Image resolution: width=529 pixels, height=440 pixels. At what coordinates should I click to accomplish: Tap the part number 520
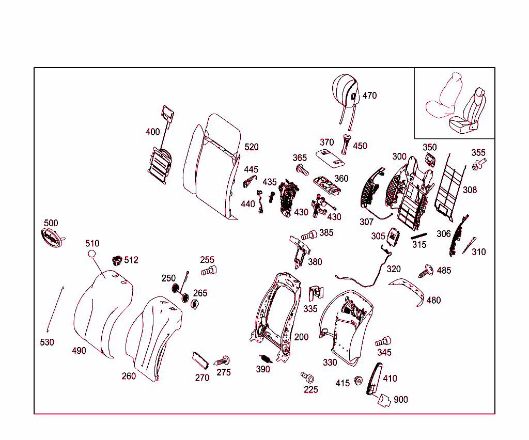pos(252,147)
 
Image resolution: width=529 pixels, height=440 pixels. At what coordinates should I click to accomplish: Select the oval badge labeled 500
pos(51,238)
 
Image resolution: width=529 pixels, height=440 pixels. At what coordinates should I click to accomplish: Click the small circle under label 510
pos(92,254)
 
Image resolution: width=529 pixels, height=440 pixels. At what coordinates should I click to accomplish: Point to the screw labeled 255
pos(209,271)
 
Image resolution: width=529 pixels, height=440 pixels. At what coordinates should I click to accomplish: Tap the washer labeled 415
pos(357,382)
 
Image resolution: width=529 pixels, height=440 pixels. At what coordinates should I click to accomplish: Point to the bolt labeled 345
pos(383,341)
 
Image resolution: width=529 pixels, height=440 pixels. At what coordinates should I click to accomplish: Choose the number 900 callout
pos(400,400)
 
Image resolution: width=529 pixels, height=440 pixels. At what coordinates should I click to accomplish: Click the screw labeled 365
pos(302,169)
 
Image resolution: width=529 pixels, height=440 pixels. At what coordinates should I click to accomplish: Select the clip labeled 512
pos(117,259)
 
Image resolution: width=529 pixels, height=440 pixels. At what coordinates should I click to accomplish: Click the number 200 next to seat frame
pos(301,337)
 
